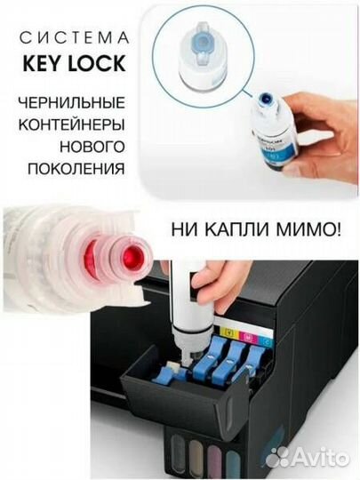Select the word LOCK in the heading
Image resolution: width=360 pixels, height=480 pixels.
100,65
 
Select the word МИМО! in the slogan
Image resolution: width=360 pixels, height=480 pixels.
308,230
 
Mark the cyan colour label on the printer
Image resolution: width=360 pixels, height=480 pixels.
266,339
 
